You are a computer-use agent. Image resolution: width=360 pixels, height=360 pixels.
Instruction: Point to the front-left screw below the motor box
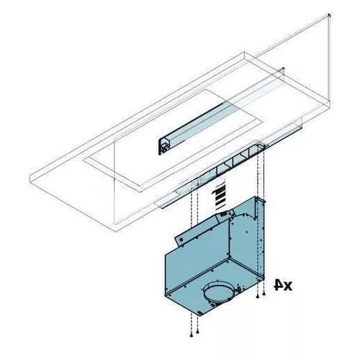click(191, 333)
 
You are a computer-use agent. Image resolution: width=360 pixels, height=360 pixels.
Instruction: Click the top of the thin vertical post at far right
click(329, 14)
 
